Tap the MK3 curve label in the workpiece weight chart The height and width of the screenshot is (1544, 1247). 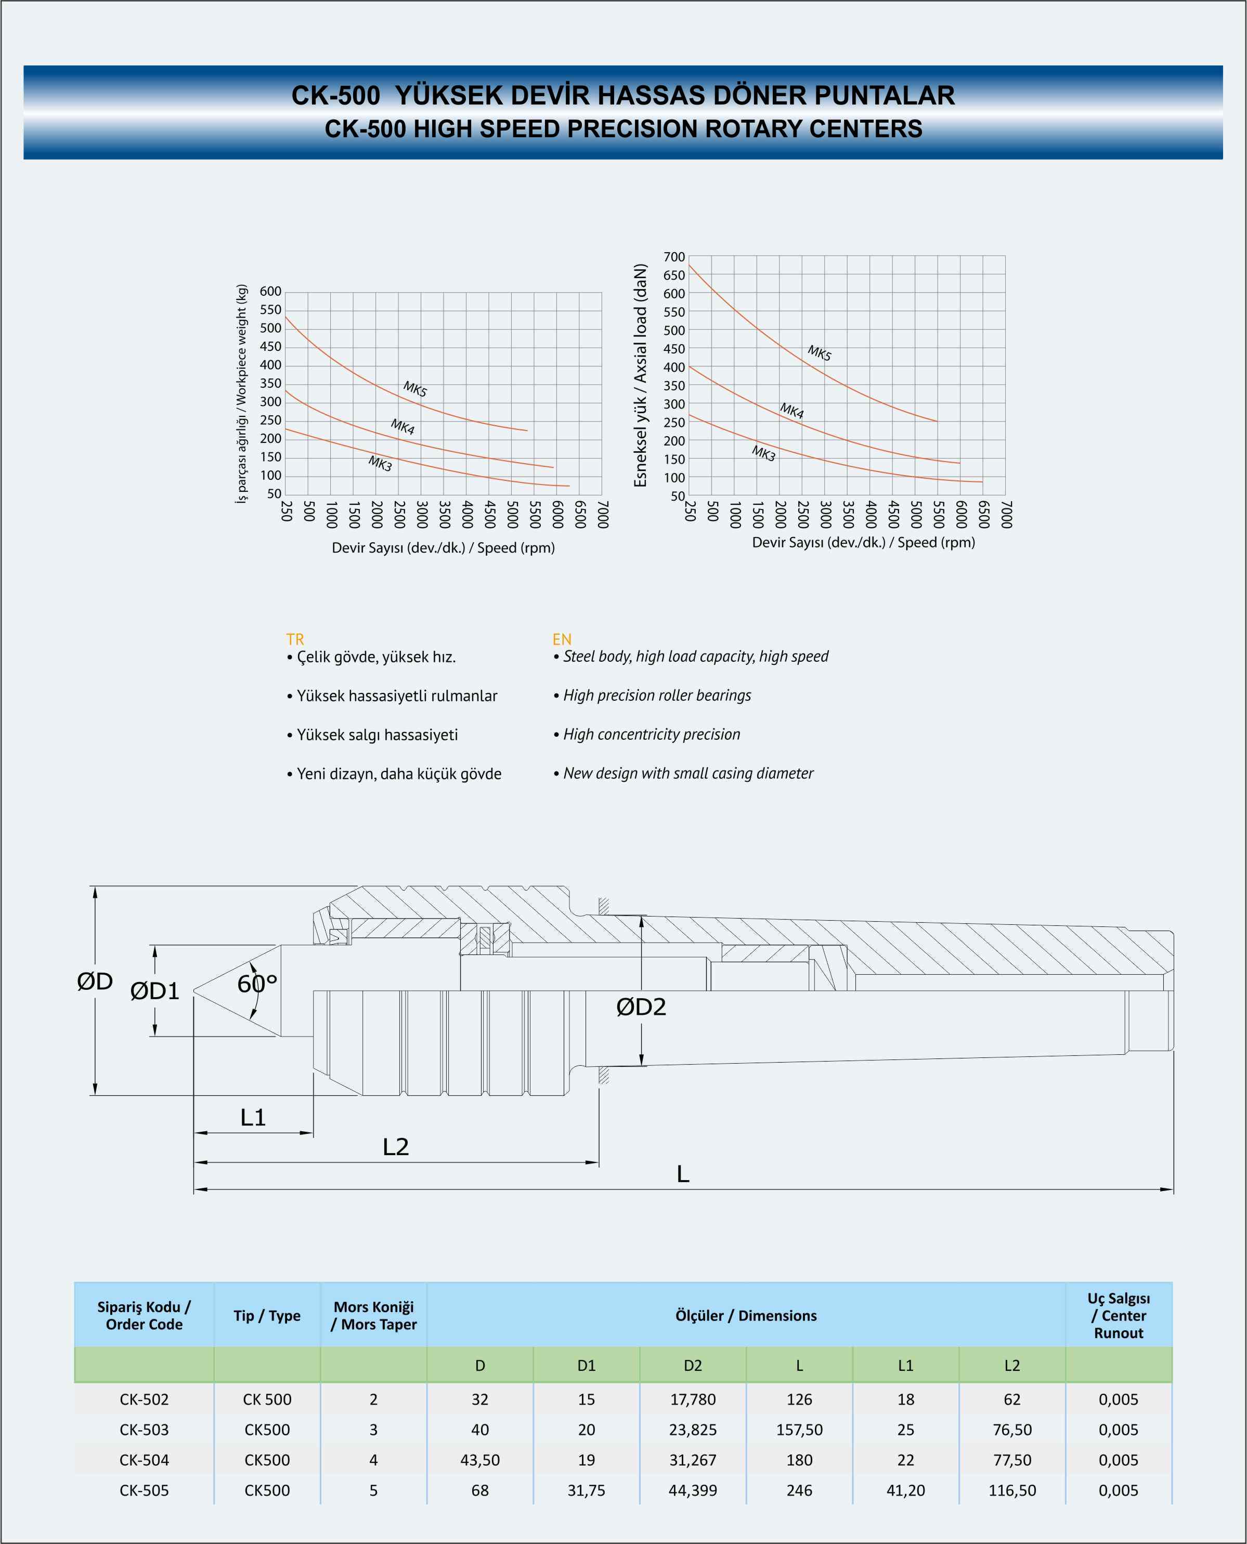[380, 464]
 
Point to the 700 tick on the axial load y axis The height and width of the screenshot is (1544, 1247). [674, 257]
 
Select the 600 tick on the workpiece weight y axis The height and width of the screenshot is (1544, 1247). [271, 292]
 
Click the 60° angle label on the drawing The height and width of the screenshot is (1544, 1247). [257, 984]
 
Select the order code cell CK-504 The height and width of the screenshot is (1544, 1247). [145, 1460]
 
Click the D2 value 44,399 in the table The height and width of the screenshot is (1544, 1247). [693, 1490]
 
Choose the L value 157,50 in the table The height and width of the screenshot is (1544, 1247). [799, 1430]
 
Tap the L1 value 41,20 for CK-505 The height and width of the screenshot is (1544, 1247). [906, 1490]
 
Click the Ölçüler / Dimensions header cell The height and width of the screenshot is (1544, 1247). [746, 1316]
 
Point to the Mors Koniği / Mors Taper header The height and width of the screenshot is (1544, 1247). [373, 1316]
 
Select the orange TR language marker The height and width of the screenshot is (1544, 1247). [295, 639]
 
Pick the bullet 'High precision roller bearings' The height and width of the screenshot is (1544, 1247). [652, 695]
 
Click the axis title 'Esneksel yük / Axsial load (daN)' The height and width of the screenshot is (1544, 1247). [640, 375]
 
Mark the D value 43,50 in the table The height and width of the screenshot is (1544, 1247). [480, 1460]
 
